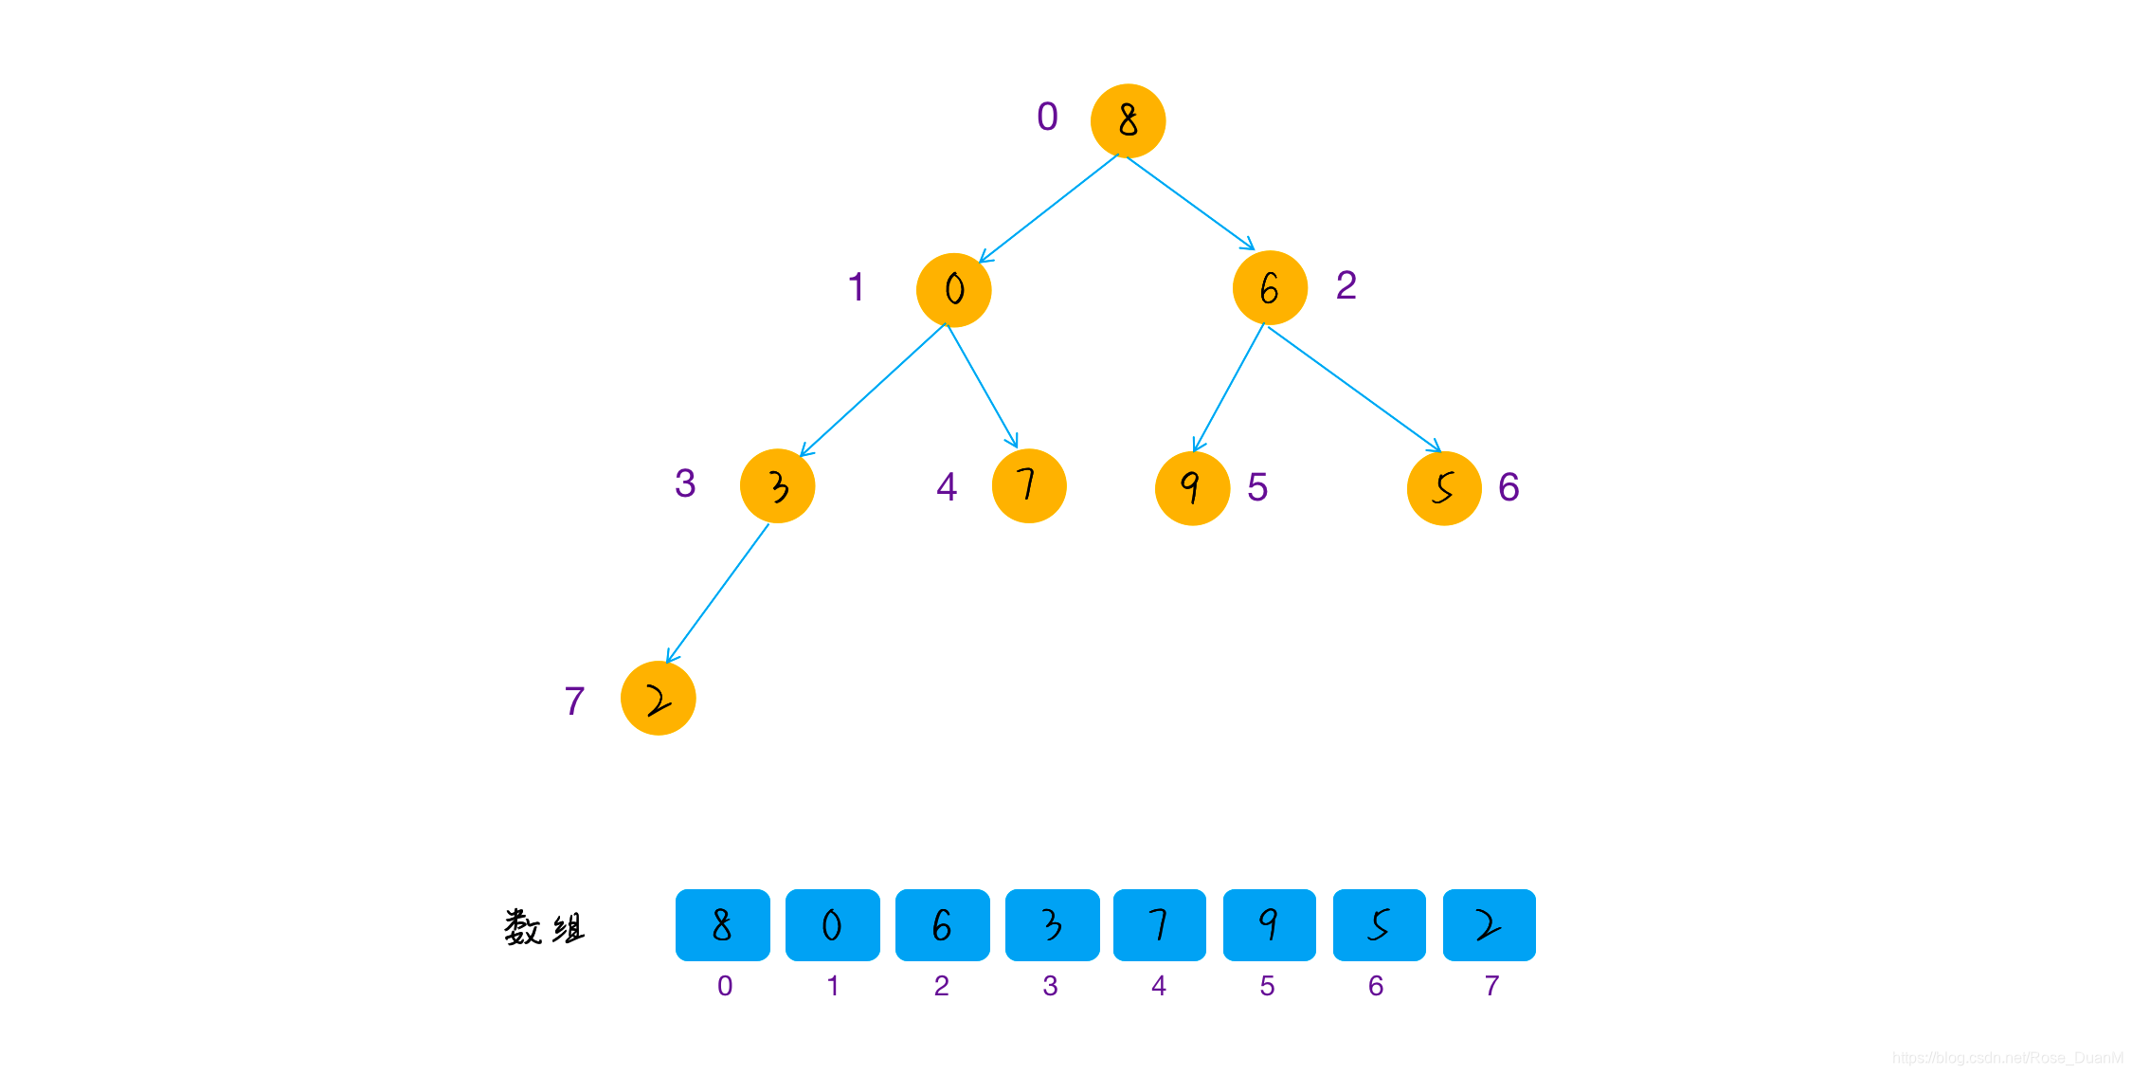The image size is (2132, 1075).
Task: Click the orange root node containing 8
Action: (x=1128, y=120)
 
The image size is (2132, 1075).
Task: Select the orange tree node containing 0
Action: (x=953, y=289)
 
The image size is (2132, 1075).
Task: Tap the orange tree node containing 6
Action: (x=1270, y=287)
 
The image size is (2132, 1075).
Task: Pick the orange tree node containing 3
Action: (x=777, y=485)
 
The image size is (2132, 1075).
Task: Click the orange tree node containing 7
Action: (x=1029, y=485)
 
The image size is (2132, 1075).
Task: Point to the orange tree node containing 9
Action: (x=1192, y=488)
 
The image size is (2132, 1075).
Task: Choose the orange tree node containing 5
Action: (x=1444, y=488)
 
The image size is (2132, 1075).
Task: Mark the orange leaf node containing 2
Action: (x=658, y=698)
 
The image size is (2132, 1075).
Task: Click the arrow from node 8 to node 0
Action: (x=1048, y=209)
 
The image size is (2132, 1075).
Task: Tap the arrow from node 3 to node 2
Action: (x=717, y=593)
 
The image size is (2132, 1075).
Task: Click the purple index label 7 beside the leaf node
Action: (x=574, y=701)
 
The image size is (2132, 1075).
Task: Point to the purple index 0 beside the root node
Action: (x=1047, y=117)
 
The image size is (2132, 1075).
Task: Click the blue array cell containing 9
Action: (x=1269, y=925)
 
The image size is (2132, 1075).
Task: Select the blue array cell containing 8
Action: (x=722, y=925)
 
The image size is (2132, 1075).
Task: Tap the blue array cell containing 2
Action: (x=1489, y=925)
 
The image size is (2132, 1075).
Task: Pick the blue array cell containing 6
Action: (x=942, y=925)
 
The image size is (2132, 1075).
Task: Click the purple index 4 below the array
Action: (x=1158, y=986)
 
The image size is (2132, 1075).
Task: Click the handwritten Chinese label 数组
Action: (x=545, y=927)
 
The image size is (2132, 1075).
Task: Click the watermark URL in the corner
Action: (x=2007, y=1057)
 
